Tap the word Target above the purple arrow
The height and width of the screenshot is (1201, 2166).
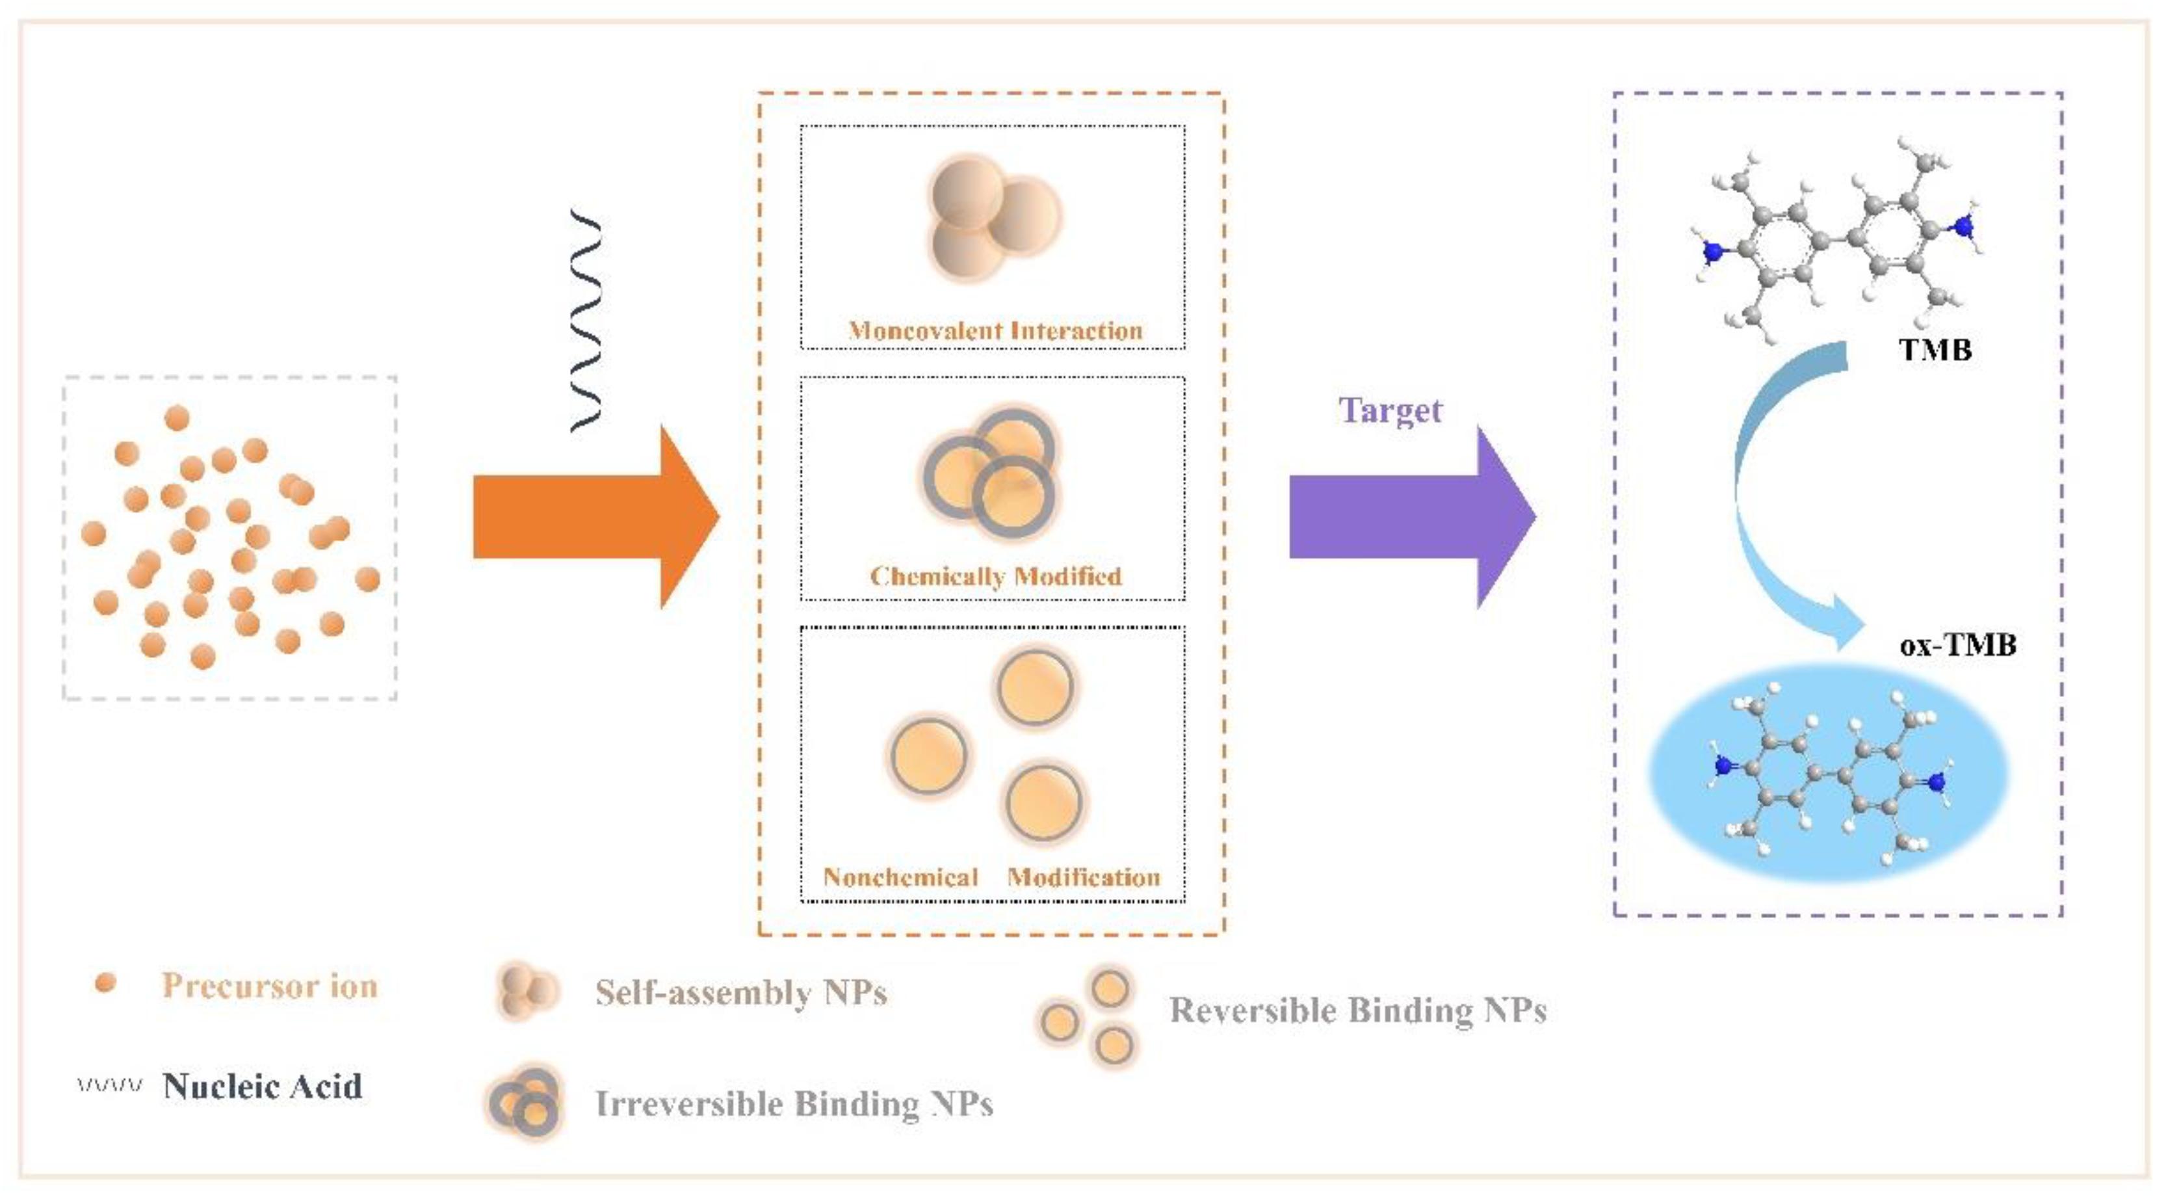(1390, 410)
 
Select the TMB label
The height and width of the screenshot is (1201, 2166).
(1935, 349)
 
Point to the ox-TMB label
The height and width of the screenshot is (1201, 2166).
(1957, 645)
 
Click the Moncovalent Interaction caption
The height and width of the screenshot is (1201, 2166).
(995, 330)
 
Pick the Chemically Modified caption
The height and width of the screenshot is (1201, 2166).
(995, 576)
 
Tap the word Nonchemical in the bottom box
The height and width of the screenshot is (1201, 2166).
(900, 877)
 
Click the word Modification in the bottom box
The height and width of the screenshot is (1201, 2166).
(1084, 877)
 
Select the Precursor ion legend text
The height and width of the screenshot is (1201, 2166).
(270, 986)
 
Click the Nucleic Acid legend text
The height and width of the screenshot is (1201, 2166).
(263, 1086)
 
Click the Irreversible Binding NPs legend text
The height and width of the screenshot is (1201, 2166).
(794, 1103)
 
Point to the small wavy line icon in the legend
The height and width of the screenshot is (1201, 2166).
(109, 1085)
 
